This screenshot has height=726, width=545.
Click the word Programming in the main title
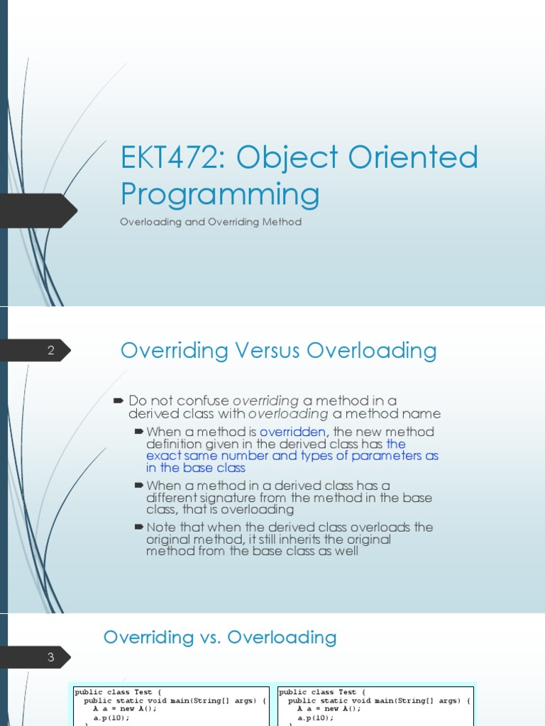pyautogui.click(x=220, y=194)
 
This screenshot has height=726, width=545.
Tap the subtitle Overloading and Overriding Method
pyautogui.click(x=211, y=222)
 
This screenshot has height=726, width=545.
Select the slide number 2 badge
pyautogui.click(x=51, y=350)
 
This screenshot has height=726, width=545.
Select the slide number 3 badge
pyautogui.click(x=51, y=657)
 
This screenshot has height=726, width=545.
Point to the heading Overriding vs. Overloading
pyautogui.click(x=220, y=637)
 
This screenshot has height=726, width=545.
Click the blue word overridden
pyautogui.click(x=292, y=432)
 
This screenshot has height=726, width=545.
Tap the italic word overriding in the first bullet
pyautogui.click(x=265, y=401)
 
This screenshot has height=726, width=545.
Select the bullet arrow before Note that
pyautogui.click(x=138, y=527)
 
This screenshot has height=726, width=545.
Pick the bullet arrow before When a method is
pyautogui.click(x=138, y=432)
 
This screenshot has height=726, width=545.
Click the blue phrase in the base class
pyautogui.click(x=196, y=468)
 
